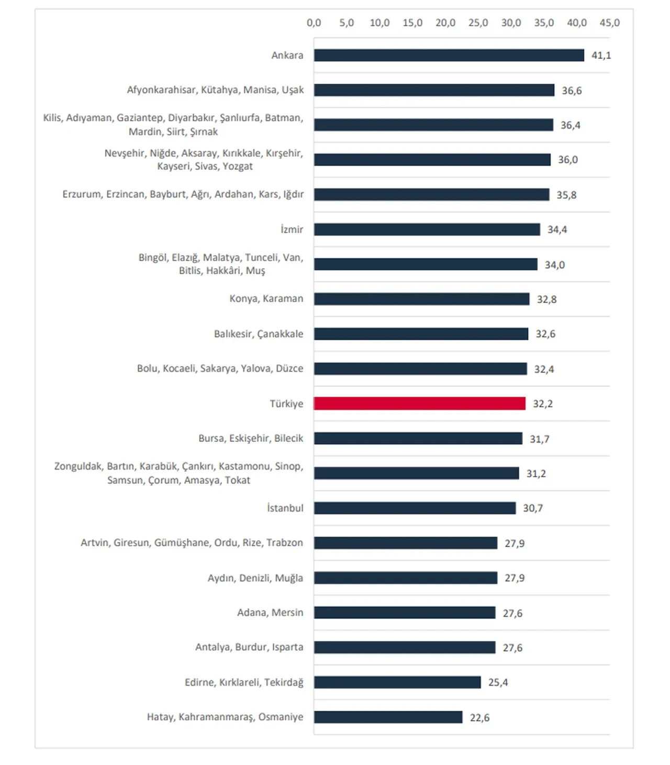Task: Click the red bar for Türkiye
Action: (x=419, y=403)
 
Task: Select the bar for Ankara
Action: (x=449, y=55)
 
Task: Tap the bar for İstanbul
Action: (x=415, y=508)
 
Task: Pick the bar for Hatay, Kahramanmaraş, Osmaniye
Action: (x=388, y=717)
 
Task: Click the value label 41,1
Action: (x=601, y=55)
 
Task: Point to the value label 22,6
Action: (x=479, y=717)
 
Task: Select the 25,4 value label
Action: (x=498, y=682)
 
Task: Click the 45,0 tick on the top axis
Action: (x=609, y=23)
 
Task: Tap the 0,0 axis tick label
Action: (x=314, y=23)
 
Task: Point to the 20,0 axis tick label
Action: (x=445, y=23)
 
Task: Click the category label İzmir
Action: (x=292, y=229)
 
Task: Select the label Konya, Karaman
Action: (x=266, y=298)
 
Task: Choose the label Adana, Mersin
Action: (x=270, y=613)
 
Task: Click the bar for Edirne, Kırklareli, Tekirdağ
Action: (x=397, y=682)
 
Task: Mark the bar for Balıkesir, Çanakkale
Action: (x=421, y=334)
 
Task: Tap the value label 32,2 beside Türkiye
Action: (x=543, y=404)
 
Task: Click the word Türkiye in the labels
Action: (x=286, y=404)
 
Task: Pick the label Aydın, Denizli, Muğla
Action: (x=255, y=578)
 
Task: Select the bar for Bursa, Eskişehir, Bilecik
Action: (x=418, y=438)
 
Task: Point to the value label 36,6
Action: (x=572, y=91)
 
